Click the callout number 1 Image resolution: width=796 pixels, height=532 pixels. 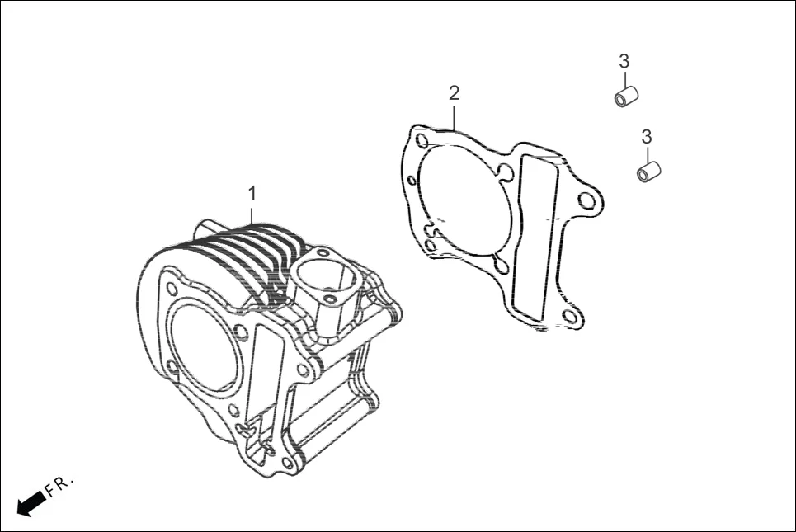click(252, 193)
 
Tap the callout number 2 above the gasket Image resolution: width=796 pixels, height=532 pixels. click(454, 92)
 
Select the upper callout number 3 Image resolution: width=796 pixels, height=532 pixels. click(624, 60)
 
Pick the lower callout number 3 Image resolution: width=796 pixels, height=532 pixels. click(647, 136)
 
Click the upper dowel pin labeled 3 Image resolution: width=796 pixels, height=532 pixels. click(626, 96)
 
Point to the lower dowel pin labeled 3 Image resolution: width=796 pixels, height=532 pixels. click(649, 172)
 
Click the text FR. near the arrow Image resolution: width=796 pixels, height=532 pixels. click(59, 486)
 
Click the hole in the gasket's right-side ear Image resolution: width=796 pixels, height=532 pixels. click(586, 200)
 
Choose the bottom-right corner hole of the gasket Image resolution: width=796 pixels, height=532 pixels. click(569, 317)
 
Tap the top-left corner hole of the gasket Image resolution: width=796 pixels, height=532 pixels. click(422, 140)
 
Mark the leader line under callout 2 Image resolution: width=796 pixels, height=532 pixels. click(454, 115)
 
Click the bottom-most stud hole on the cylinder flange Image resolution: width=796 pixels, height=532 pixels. click(286, 464)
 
